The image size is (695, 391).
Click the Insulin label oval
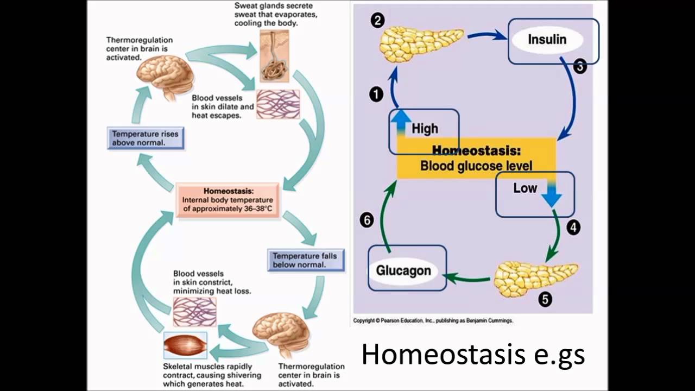(x=547, y=40)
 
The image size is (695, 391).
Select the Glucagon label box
(x=403, y=270)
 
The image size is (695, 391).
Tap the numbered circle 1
(x=376, y=94)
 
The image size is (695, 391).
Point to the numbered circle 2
(x=378, y=21)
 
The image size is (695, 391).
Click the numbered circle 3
(x=580, y=67)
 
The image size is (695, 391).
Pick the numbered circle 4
(x=573, y=227)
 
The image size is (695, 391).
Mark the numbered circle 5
(x=545, y=299)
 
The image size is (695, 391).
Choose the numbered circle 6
(x=367, y=220)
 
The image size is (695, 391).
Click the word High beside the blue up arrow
(x=425, y=129)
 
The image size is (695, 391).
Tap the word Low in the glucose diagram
(x=525, y=188)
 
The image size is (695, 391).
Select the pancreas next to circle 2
(x=419, y=43)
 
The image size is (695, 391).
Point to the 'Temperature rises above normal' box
(x=145, y=138)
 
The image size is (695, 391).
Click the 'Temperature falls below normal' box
(x=305, y=260)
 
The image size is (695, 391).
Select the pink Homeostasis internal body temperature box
(x=228, y=200)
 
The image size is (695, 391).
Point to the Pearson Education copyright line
(x=433, y=321)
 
